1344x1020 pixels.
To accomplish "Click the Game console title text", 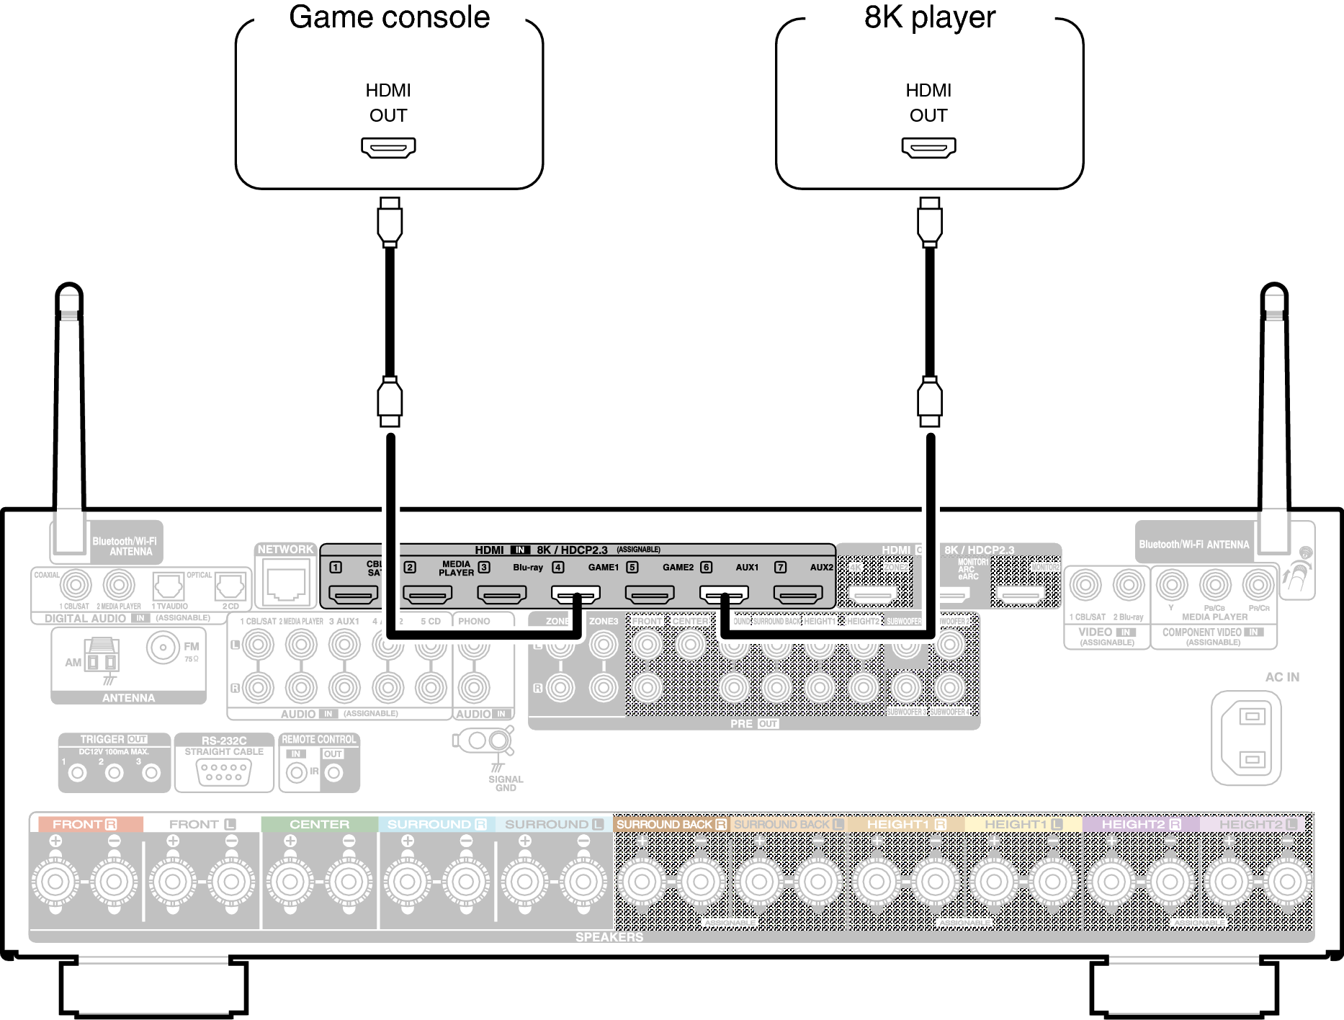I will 389,18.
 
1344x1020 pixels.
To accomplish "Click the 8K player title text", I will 929,18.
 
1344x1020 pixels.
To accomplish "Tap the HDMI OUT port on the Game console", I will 388,148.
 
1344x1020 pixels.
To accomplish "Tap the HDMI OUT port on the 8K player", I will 928,148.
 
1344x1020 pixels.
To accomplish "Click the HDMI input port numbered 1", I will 353,594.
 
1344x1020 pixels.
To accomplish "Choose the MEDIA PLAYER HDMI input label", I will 457,568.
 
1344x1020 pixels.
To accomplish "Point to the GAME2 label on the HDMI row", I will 678,568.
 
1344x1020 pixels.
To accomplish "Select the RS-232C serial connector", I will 224,773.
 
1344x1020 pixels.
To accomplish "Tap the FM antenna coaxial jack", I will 163,648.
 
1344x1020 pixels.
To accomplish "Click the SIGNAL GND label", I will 506,783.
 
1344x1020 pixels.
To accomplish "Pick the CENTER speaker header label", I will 319,824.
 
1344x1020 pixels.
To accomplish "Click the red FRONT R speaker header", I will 85,824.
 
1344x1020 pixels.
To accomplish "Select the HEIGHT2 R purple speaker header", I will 1140,824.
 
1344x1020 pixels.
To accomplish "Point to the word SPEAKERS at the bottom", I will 609,936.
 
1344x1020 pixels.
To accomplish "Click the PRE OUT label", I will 753,723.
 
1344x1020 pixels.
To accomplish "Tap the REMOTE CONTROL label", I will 318,740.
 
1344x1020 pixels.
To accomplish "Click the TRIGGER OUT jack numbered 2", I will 114,773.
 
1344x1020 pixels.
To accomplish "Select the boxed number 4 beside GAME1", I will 557,568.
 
